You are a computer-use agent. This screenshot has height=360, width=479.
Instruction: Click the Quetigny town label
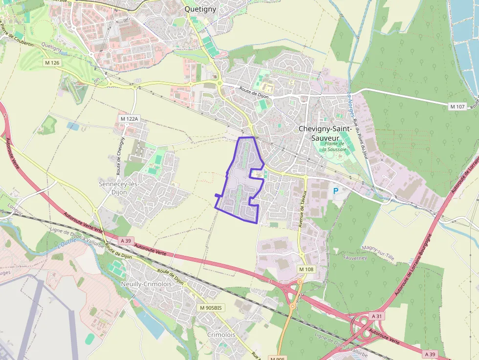click(200, 9)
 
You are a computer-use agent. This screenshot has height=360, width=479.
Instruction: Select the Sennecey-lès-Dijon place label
click(119, 188)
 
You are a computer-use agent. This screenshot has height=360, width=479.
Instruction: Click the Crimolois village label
click(221, 335)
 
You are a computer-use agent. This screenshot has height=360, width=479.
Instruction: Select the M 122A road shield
click(130, 119)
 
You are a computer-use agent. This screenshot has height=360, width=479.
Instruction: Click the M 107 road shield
click(457, 106)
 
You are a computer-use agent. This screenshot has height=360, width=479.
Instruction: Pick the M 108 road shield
click(306, 269)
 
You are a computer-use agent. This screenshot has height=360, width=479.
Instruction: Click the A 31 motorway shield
click(376, 317)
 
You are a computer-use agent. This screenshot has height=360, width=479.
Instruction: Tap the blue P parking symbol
click(335, 191)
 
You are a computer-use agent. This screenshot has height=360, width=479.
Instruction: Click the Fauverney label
click(355, 257)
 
